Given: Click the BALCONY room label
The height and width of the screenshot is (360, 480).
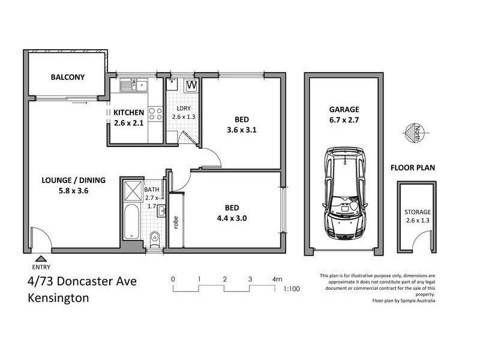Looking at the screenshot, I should [67, 77].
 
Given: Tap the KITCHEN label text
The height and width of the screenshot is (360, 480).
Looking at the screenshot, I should [128, 112].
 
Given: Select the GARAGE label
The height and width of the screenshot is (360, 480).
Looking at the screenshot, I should [344, 110].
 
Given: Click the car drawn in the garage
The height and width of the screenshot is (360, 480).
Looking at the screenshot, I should [344, 196].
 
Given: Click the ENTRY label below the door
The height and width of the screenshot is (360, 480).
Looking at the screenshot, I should [40, 267].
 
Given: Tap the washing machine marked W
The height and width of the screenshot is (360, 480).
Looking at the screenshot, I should [192, 86].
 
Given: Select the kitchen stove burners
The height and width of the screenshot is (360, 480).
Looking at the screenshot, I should [155, 113].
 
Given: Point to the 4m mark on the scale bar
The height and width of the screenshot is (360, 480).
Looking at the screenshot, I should [277, 279].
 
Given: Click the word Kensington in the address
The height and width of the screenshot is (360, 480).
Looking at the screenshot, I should [58, 298].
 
